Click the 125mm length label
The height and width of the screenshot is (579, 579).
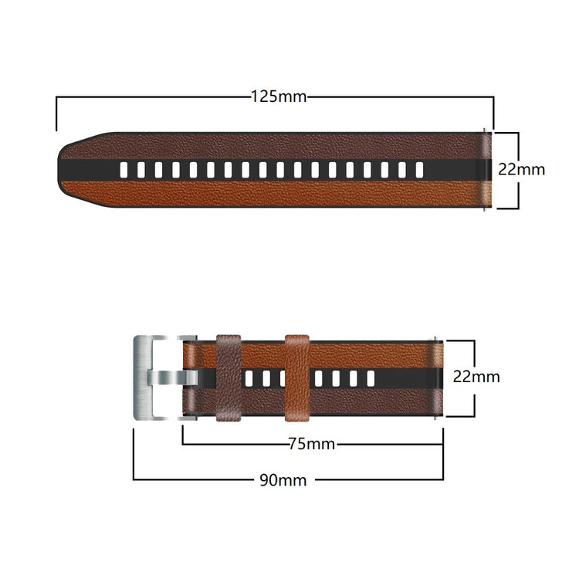point(279,97)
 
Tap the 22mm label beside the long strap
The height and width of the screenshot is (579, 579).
point(521,169)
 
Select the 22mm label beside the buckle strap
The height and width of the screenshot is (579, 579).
point(476,378)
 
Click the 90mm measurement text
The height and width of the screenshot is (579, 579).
point(283,480)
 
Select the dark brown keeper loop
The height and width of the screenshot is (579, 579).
point(229,378)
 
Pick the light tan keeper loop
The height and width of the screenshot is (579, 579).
point(297,378)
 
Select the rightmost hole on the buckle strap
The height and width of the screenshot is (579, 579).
point(370,378)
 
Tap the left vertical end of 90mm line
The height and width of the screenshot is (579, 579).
point(134,455)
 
